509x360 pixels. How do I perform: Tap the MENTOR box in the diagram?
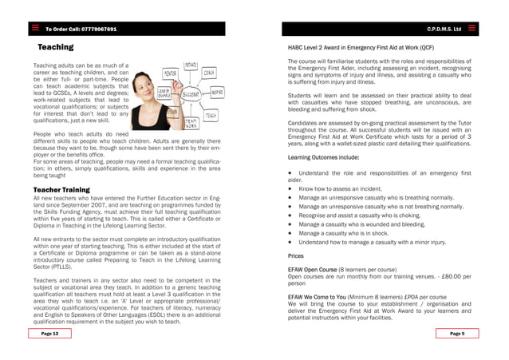pyautogui.click(x=170, y=73)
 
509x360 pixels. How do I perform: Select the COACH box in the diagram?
pyautogui.click(x=209, y=73)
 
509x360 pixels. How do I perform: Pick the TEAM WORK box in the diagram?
pyautogui.click(x=191, y=123)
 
